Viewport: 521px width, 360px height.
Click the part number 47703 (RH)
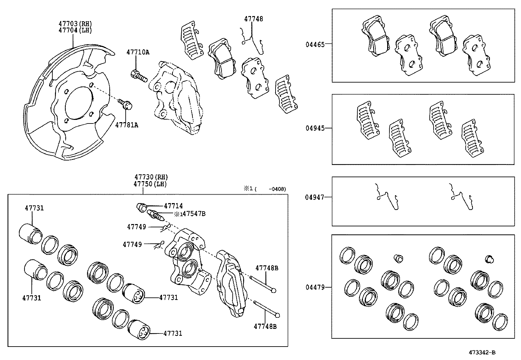click(x=75, y=24)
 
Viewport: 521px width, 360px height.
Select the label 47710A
click(x=138, y=52)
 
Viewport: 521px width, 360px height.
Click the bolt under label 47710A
click(x=139, y=76)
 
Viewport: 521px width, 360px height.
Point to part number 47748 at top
click(x=253, y=19)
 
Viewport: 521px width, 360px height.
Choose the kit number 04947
click(x=315, y=197)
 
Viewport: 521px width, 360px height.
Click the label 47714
click(x=173, y=206)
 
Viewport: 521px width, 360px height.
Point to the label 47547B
click(x=194, y=214)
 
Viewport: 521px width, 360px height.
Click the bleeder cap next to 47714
click(x=142, y=207)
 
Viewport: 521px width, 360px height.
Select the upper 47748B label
click(x=266, y=268)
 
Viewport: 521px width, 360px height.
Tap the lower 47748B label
click(x=265, y=326)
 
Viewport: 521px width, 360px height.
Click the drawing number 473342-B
click(x=482, y=352)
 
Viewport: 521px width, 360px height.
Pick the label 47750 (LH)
click(x=150, y=184)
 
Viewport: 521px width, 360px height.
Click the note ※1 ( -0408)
click(x=264, y=189)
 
